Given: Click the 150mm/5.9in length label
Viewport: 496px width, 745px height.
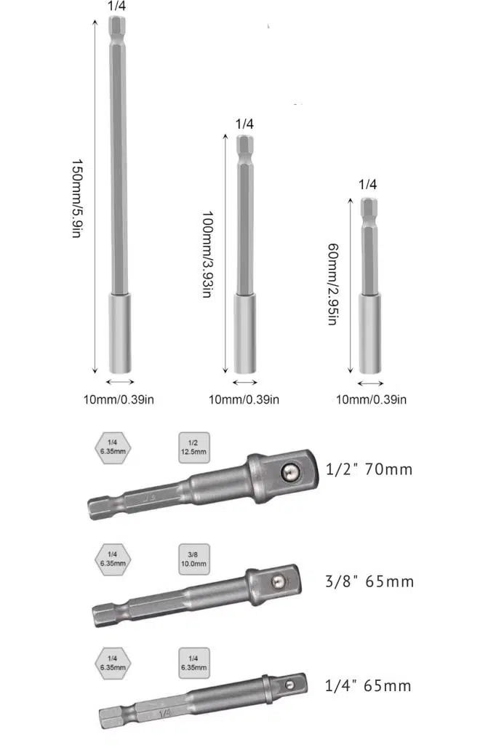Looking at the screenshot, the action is point(77,198).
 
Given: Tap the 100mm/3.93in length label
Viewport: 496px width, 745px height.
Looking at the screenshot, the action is point(207,254).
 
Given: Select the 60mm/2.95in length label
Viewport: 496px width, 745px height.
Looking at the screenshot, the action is point(333,284).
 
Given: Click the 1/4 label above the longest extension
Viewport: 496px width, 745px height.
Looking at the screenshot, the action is point(116,6).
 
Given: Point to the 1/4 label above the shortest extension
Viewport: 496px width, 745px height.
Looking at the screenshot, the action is point(367,184).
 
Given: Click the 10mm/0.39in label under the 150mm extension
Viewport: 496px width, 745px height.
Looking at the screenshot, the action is point(119,399).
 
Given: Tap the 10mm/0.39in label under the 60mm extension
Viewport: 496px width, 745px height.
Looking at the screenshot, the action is point(371,399).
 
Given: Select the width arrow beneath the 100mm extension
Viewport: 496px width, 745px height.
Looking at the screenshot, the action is point(245,382).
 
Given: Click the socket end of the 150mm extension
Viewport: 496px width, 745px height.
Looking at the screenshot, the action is point(120,333).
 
